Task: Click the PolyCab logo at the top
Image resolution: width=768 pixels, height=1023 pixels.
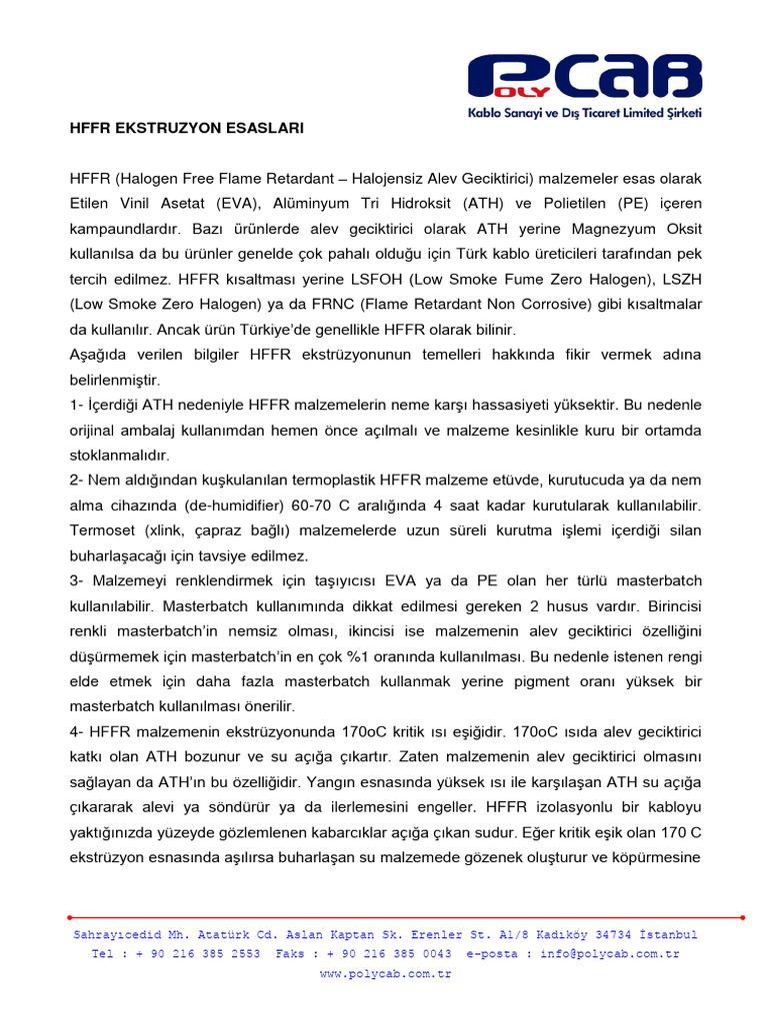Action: [x=585, y=79]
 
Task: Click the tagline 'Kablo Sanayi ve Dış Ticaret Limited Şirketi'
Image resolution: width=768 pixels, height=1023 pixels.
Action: [x=585, y=113]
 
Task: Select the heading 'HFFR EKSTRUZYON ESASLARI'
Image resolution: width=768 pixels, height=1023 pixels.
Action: [x=185, y=129]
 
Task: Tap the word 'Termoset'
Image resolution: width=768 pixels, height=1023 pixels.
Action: [x=101, y=530]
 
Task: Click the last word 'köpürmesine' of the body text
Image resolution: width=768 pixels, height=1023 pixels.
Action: [x=656, y=857]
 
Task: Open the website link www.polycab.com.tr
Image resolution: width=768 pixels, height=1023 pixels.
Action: [x=385, y=973]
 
